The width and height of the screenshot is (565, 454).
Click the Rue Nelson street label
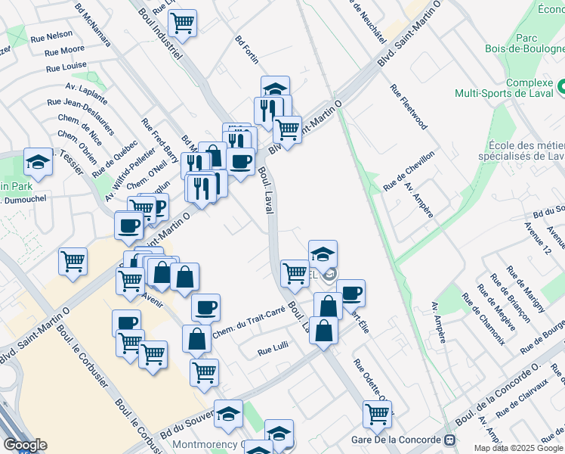(51, 35)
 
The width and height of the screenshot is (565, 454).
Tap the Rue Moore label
(64, 51)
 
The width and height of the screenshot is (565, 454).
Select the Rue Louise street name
(66, 67)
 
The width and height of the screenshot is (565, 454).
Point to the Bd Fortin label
(247, 48)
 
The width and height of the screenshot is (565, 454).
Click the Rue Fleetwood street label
(409, 106)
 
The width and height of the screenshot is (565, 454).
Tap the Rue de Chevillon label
(409, 170)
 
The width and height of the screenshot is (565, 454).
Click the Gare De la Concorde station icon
(450, 440)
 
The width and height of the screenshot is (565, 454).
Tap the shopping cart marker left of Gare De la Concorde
(377, 413)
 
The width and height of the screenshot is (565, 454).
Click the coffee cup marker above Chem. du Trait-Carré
(205, 306)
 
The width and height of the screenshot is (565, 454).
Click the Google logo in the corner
(25, 445)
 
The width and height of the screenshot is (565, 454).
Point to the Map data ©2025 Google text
(518, 448)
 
